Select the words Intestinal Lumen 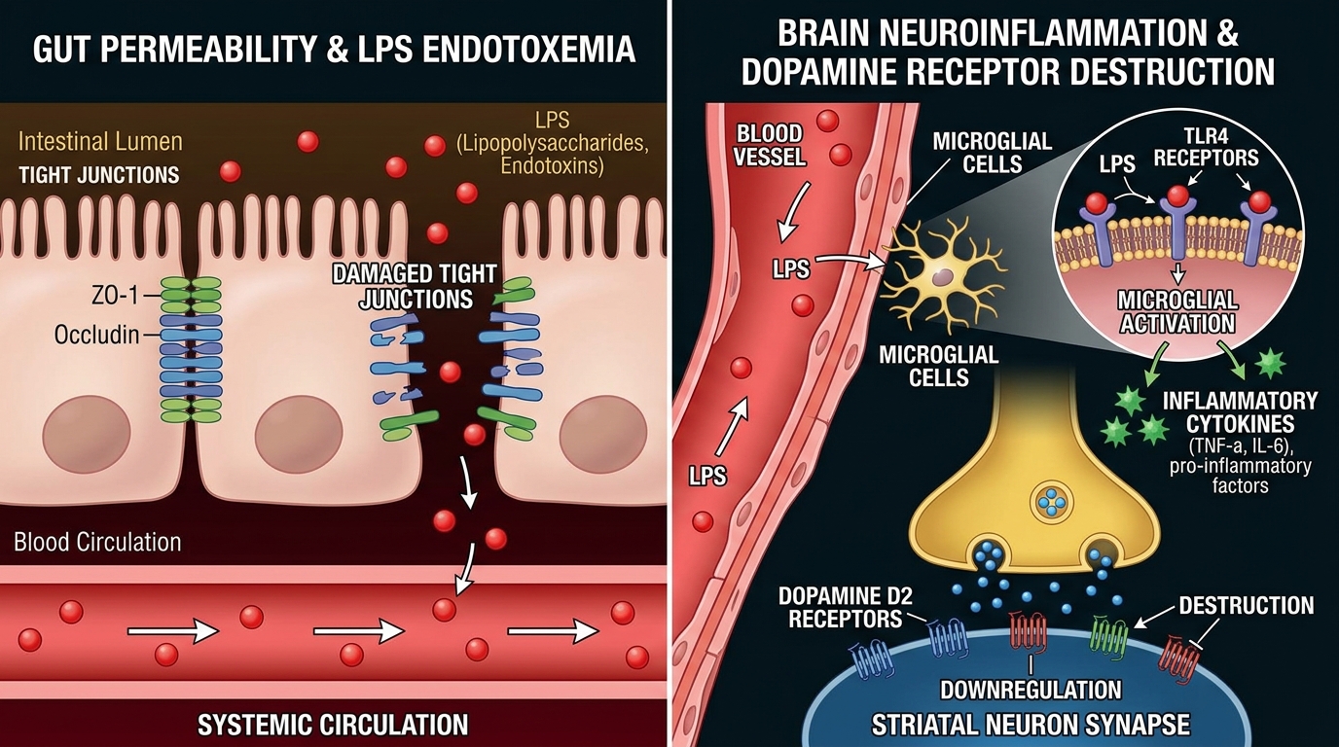click(100, 142)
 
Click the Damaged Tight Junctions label click(415, 286)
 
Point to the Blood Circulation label click(97, 542)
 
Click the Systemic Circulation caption click(333, 725)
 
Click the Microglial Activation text click(1177, 311)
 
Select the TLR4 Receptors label click(1206, 148)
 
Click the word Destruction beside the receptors click(1247, 605)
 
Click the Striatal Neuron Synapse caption click(1031, 725)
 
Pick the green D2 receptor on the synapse click(1109, 634)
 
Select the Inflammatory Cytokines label click(1240, 412)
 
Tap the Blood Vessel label click(769, 145)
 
